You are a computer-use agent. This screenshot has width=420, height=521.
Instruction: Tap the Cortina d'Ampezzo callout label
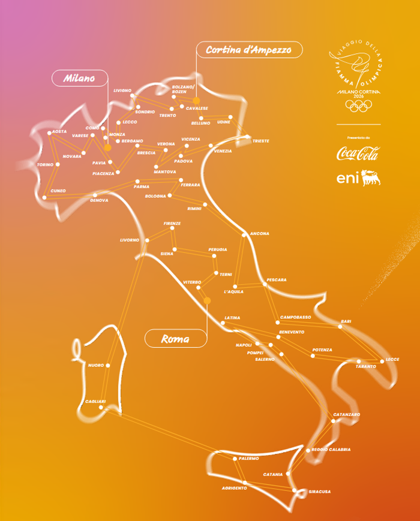point(248,50)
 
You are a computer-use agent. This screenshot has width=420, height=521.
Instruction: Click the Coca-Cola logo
point(358,153)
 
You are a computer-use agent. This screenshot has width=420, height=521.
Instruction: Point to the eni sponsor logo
point(358,178)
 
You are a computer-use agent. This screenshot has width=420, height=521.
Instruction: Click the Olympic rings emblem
point(359,106)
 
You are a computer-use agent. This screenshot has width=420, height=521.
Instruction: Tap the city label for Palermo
point(248,458)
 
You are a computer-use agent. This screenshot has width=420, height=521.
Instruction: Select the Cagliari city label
point(95,401)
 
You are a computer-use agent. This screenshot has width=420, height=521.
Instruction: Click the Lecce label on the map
point(392,359)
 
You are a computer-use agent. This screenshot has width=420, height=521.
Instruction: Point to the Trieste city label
point(260,141)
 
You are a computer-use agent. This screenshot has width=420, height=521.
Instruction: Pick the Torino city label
point(45,164)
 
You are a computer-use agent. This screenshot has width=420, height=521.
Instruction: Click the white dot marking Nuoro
point(108,365)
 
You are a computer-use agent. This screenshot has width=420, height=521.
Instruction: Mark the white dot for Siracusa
point(295,491)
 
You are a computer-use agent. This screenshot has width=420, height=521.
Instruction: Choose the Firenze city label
point(172,223)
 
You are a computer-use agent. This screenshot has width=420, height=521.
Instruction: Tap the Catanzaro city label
point(346,414)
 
